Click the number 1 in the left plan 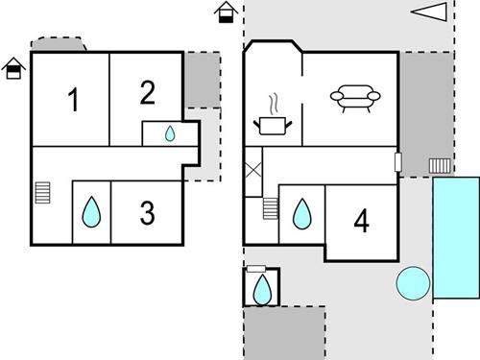click(x=73, y=100)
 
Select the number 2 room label click(x=147, y=92)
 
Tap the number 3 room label click(x=147, y=213)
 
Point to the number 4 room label click(x=361, y=222)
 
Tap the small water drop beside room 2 click(x=170, y=133)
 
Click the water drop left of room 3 click(x=91, y=212)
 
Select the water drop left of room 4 click(x=301, y=213)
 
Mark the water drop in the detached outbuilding click(x=261, y=287)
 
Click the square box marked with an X click(x=253, y=173)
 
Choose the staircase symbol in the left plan click(x=42, y=193)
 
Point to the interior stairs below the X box click(x=270, y=207)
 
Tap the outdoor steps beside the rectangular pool click(x=439, y=167)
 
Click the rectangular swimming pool click(x=456, y=237)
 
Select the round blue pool click(x=413, y=282)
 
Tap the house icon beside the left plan click(x=13, y=68)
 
